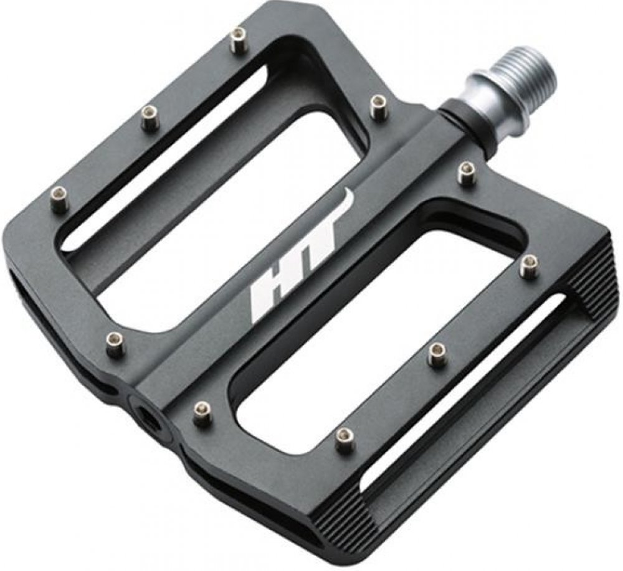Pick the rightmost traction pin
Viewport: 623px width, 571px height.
tap(529, 267)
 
